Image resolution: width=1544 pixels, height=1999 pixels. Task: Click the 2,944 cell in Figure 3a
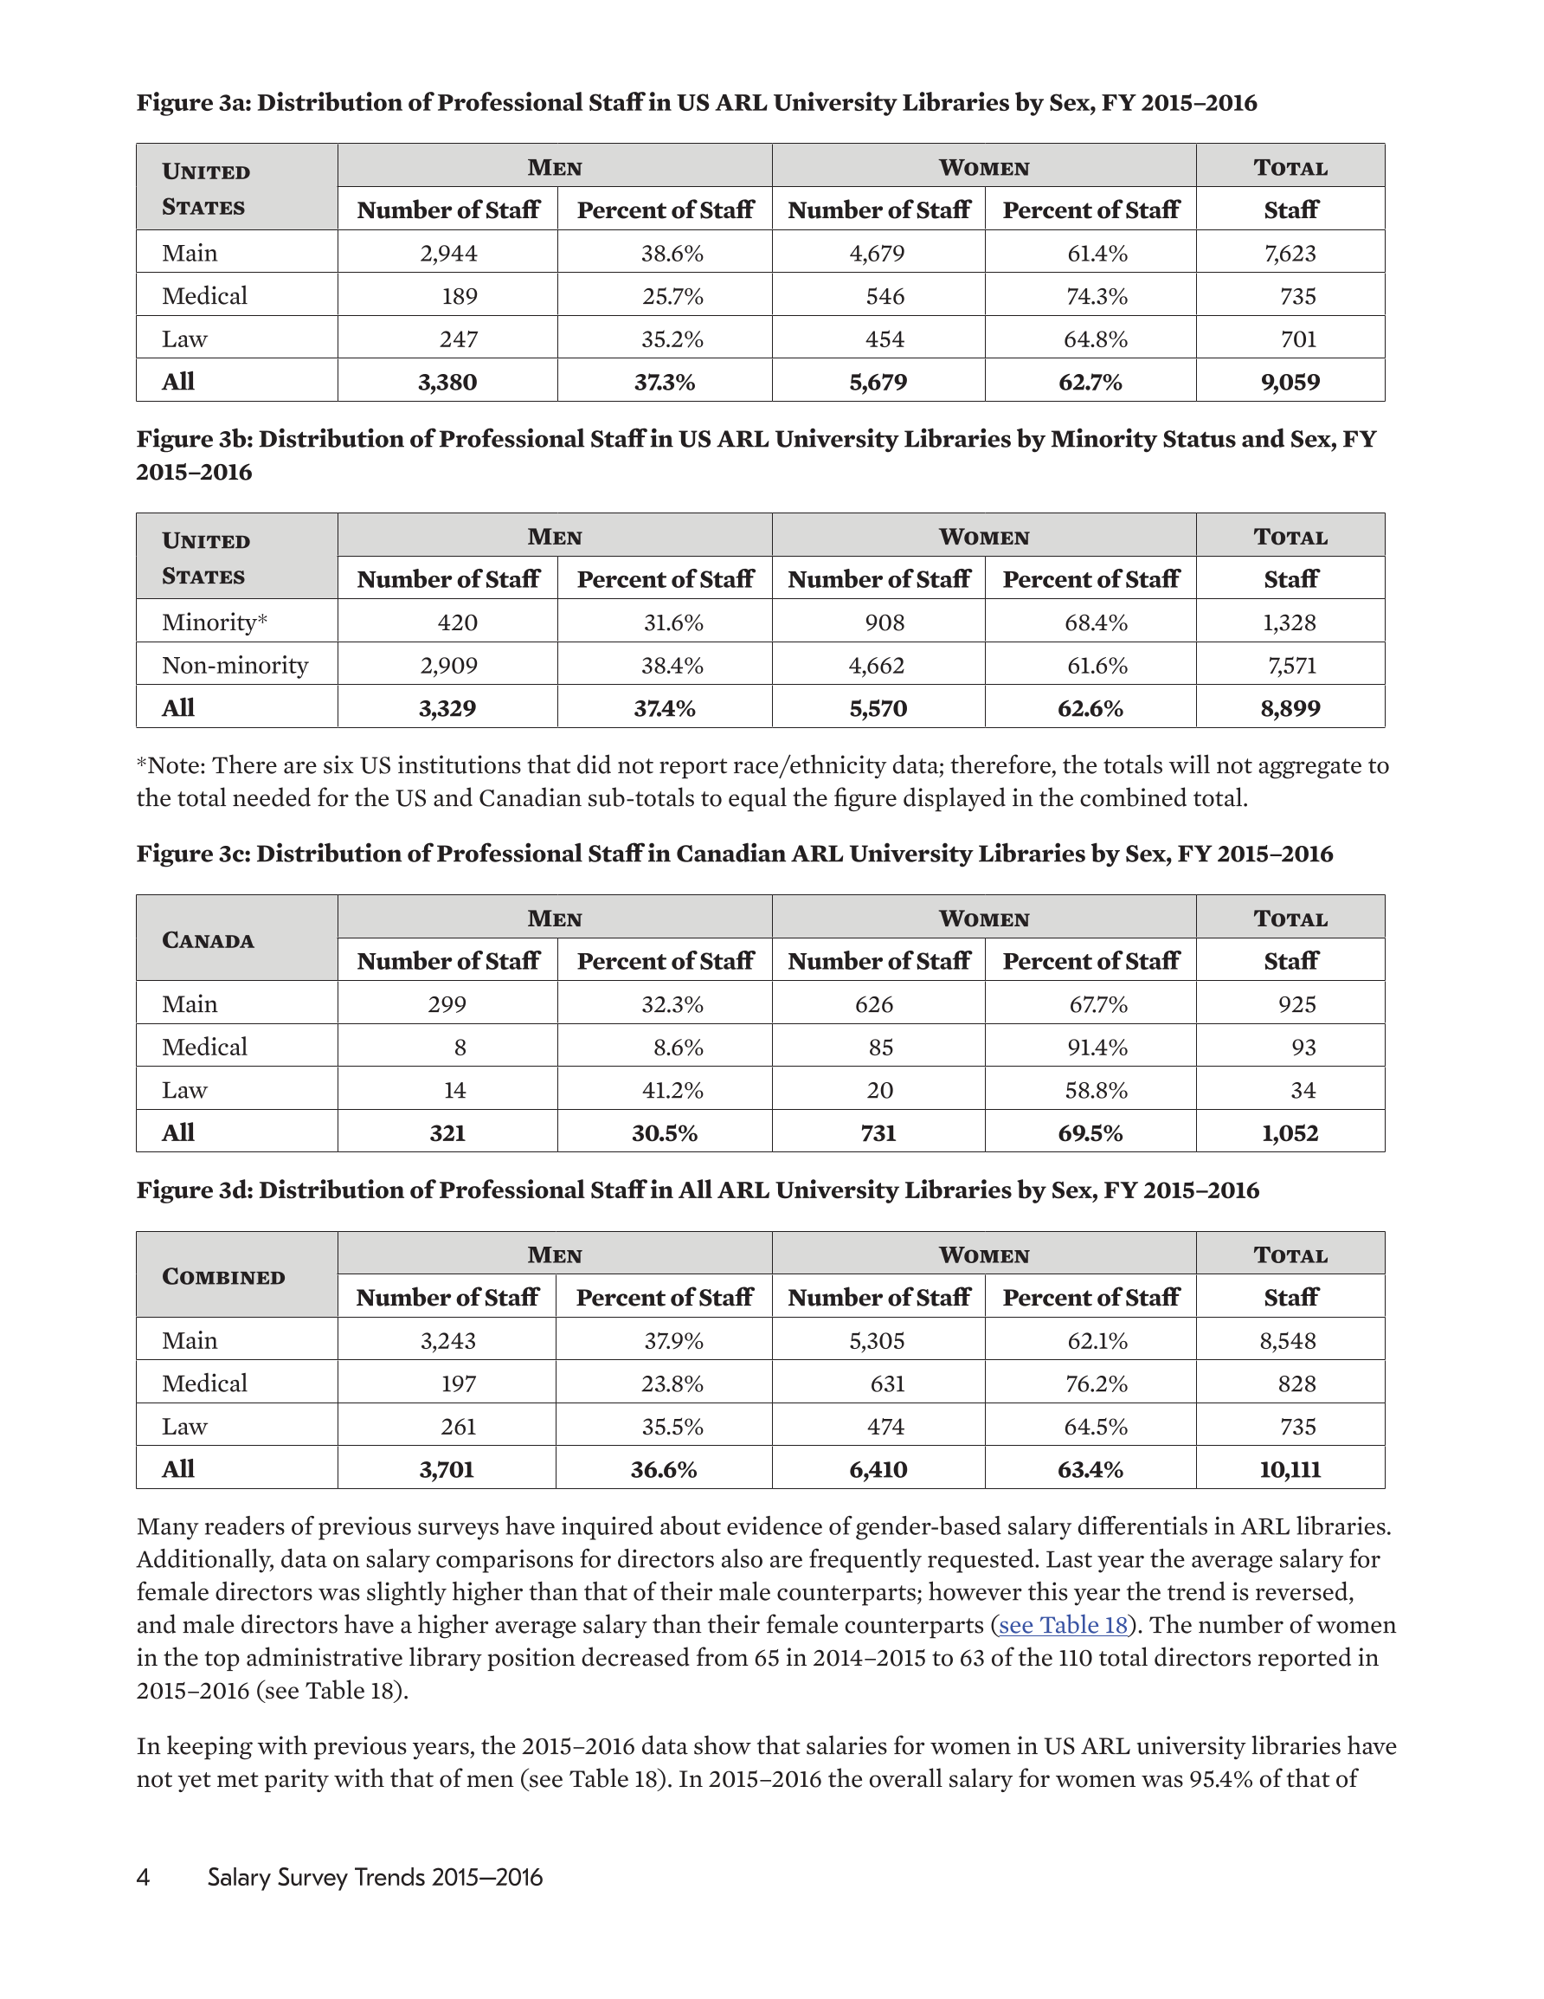(448, 253)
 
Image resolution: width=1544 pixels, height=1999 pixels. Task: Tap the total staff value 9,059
(1290, 382)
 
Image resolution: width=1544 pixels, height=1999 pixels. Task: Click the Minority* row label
(214, 622)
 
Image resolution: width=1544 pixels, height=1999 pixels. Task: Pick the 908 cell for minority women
(885, 622)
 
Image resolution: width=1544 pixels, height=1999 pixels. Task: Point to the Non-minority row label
(235, 665)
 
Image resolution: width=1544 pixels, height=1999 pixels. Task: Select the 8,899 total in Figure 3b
(1290, 707)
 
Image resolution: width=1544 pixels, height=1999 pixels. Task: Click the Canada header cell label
(208, 940)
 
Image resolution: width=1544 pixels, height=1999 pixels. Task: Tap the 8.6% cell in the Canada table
(678, 1047)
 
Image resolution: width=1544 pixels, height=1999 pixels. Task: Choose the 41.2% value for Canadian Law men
(672, 1090)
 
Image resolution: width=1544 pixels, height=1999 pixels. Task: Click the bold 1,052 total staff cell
(1290, 1133)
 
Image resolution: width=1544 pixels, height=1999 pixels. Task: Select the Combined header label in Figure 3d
(223, 1277)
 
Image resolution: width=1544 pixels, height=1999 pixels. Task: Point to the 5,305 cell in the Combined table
(877, 1341)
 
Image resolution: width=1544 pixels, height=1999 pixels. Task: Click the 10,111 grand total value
(1290, 1469)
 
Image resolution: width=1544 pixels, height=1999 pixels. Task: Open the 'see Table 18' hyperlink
(1063, 1625)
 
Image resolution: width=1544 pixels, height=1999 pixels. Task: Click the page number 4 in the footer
(143, 1877)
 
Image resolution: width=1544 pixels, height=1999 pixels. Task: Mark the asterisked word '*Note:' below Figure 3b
(171, 765)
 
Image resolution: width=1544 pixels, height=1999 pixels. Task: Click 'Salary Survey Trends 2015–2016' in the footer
(375, 1877)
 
